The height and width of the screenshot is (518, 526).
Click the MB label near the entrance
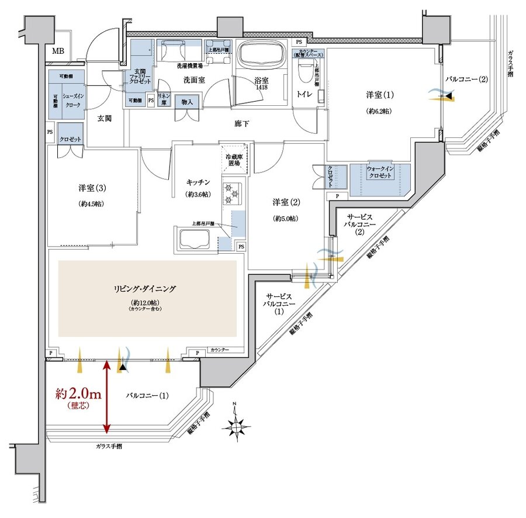point(58,51)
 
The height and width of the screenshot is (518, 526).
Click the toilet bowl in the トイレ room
point(304,72)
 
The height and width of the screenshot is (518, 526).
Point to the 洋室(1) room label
point(380,95)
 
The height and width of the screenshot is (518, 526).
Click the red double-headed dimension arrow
point(106,398)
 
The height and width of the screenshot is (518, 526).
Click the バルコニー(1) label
point(147,395)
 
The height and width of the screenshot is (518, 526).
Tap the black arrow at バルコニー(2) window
point(447,96)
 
